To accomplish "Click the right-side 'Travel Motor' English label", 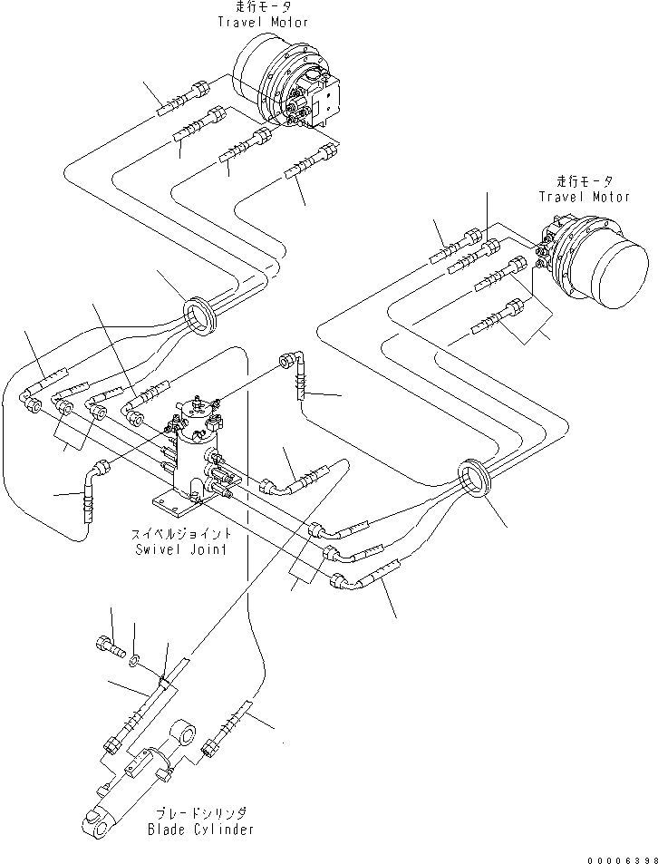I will (x=585, y=197).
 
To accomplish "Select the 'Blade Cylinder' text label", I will (x=201, y=829).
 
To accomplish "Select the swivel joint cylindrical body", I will (x=192, y=453).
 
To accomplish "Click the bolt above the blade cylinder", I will (x=105, y=646).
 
